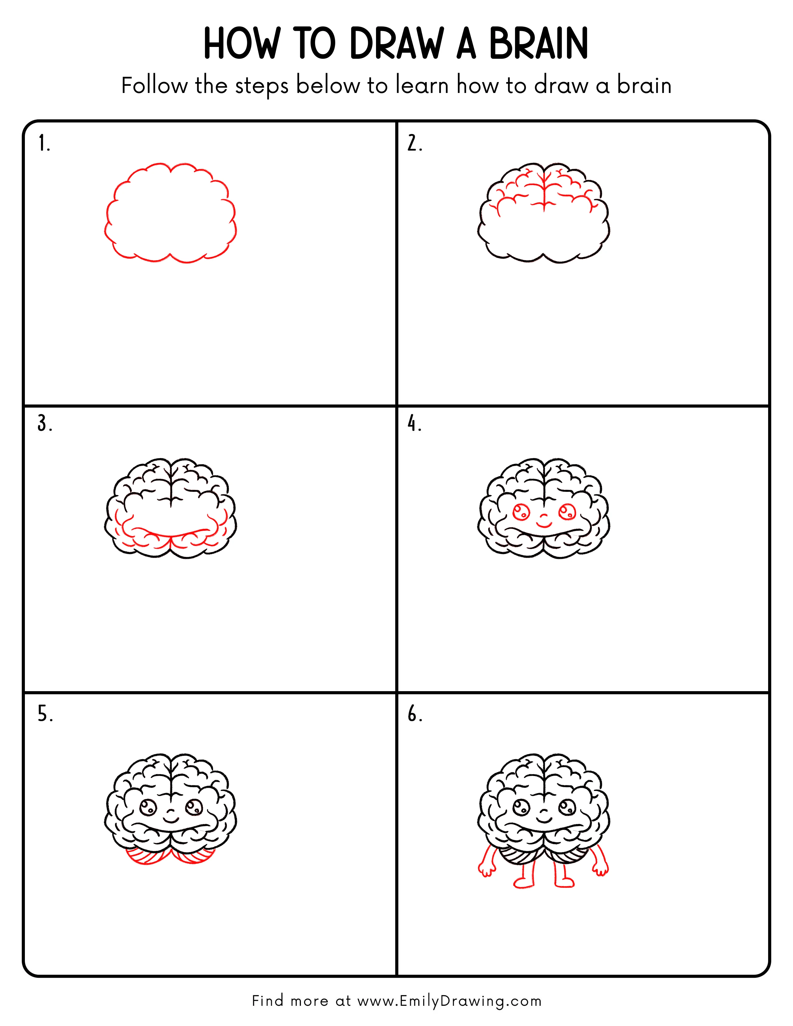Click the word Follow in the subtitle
[154, 86]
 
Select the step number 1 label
[44, 143]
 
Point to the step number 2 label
[414, 143]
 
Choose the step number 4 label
[414, 424]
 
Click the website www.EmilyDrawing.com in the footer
[449, 1001]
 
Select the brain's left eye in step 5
[148, 807]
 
